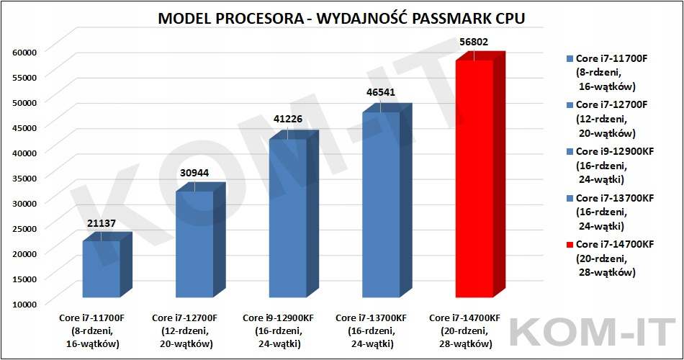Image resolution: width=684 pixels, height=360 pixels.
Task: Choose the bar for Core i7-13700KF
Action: (x=380, y=204)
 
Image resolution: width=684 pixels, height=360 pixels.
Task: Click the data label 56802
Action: (x=474, y=42)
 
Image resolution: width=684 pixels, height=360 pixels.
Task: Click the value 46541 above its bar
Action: (x=380, y=92)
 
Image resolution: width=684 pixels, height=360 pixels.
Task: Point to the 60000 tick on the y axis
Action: (x=24, y=51)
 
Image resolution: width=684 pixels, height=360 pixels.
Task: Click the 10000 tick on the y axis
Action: (x=24, y=303)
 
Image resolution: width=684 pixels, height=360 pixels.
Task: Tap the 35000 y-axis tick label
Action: (x=24, y=177)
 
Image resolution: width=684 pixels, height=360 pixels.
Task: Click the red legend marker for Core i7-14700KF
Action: (x=570, y=245)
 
